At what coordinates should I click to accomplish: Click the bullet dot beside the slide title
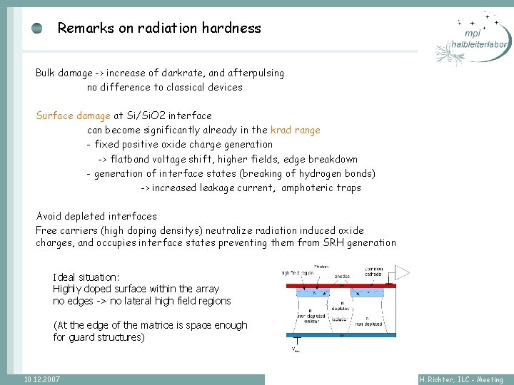37,29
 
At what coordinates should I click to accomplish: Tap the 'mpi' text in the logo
471,34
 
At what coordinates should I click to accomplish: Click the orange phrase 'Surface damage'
74,115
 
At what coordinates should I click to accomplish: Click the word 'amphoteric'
309,188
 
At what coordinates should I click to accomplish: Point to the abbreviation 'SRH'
335,242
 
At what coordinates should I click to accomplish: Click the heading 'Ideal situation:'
86,277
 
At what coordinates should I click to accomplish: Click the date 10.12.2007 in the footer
41,379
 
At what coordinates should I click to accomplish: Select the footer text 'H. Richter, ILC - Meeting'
461,380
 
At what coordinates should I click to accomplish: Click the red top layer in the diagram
341,286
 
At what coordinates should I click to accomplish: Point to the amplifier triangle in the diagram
403,272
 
